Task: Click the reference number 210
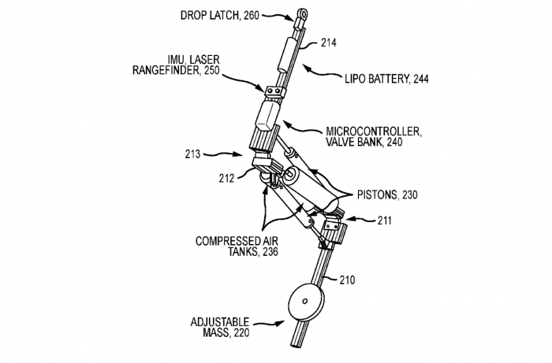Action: (x=348, y=280)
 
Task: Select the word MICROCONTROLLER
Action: (x=367, y=130)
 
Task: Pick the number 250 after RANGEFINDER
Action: (x=208, y=70)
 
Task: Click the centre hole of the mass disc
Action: (x=305, y=301)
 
